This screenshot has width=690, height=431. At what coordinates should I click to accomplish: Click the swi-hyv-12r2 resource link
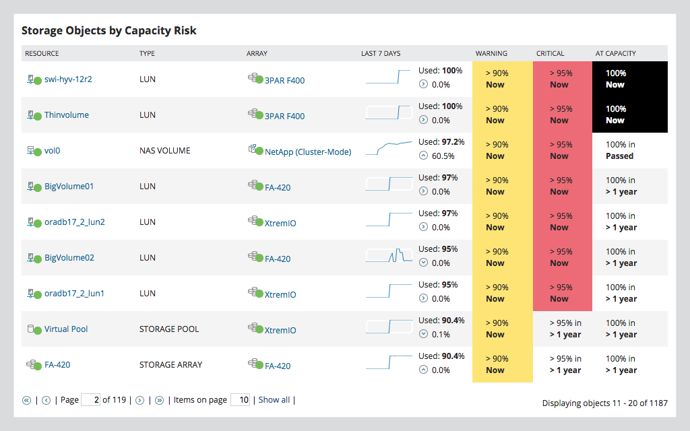[x=67, y=79]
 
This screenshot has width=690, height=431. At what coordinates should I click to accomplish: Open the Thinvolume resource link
[x=66, y=115]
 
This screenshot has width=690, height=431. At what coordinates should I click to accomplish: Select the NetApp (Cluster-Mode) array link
[x=307, y=152]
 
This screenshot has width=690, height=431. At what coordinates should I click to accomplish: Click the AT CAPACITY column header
[x=615, y=53]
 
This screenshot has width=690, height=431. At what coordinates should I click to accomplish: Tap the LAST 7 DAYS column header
[x=380, y=53]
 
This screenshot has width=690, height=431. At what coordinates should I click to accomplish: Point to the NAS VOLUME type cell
[x=164, y=151]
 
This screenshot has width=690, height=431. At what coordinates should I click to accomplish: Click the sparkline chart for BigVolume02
[x=389, y=256]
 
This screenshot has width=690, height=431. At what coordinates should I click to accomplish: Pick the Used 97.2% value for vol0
[x=441, y=142]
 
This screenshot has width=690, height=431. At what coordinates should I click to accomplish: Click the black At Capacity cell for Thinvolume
[x=629, y=114]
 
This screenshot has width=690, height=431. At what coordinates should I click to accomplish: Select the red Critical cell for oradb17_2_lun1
[x=562, y=293]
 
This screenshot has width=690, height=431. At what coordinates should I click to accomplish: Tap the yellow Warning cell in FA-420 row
[x=502, y=364]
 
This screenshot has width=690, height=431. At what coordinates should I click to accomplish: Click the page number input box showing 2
[x=90, y=400]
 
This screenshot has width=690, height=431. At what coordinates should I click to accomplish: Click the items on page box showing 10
[x=240, y=400]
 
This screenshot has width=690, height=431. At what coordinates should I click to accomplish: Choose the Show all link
[x=274, y=400]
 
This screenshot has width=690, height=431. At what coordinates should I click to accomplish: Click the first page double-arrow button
[x=27, y=400]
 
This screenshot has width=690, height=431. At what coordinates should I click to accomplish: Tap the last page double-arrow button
[x=159, y=400]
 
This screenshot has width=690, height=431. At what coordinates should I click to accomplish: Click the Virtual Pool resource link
[x=66, y=329]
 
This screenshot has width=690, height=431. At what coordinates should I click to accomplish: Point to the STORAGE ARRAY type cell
[x=170, y=365]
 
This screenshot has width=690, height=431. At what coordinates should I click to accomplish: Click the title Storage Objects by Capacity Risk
[x=108, y=31]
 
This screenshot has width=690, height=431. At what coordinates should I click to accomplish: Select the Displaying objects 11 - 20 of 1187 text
[x=604, y=403]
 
